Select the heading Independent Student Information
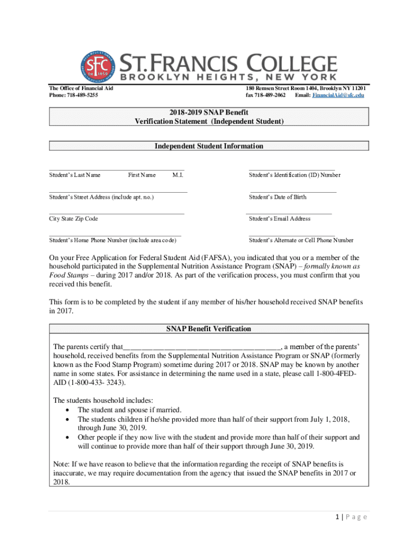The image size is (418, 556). pos(209,146)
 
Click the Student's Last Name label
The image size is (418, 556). pos(75,175)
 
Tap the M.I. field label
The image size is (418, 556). pos(178,175)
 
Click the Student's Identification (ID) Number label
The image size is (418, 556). pos(295,175)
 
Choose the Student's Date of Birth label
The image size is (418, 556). pos(277,197)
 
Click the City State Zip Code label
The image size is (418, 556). pos(74,219)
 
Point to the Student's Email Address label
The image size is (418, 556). pos(280,219)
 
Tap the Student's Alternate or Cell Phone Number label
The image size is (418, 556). pos(301,240)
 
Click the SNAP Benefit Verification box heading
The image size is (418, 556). pos(209,329)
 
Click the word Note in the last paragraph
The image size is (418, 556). pos(61,464)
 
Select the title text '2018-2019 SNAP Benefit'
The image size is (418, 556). pos(209,112)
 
